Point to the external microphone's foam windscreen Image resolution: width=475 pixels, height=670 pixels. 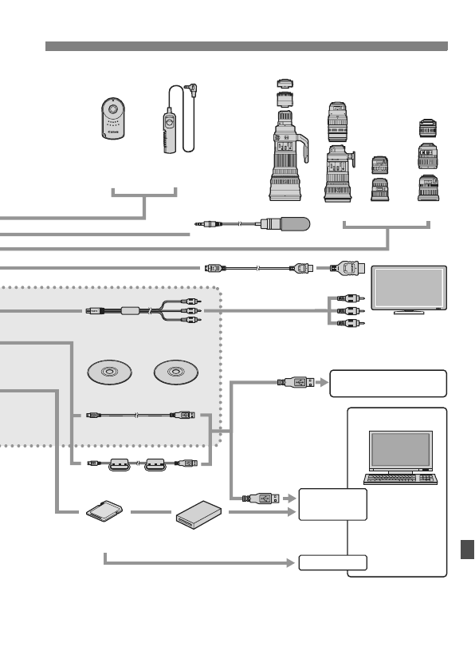click(x=289, y=225)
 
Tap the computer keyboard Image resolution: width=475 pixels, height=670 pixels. click(x=400, y=479)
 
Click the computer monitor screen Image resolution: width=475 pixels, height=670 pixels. click(x=400, y=450)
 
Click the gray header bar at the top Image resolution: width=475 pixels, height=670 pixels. click(x=246, y=46)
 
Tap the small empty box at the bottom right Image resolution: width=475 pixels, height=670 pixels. click(x=332, y=562)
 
